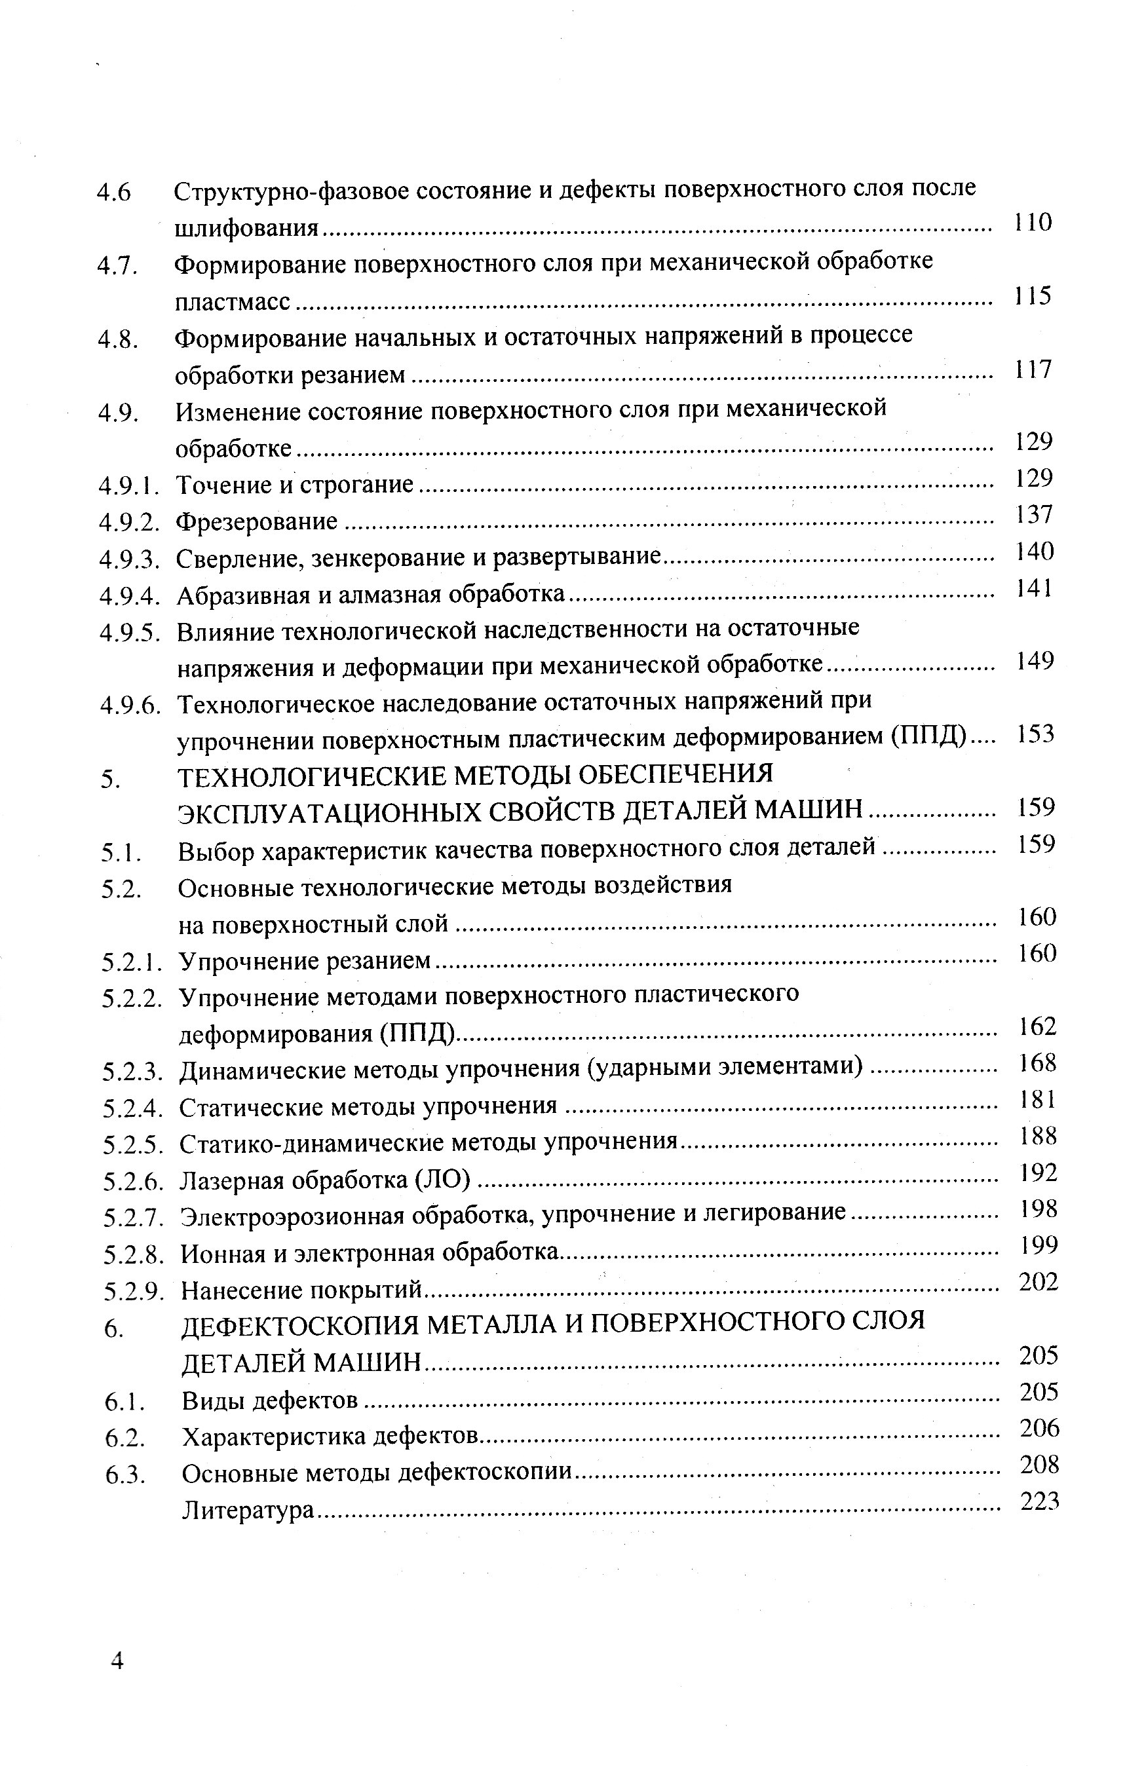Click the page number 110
pos(1033,221)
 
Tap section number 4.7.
pos(118,265)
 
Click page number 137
pos(1034,514)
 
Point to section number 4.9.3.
pos(130,559)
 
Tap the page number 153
pos(1035,733)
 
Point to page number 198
pos(1037,1209)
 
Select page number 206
pos(1039,1428)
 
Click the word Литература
pos(248,1510)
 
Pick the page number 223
pos(1040,1501)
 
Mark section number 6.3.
pos(124,1474)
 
